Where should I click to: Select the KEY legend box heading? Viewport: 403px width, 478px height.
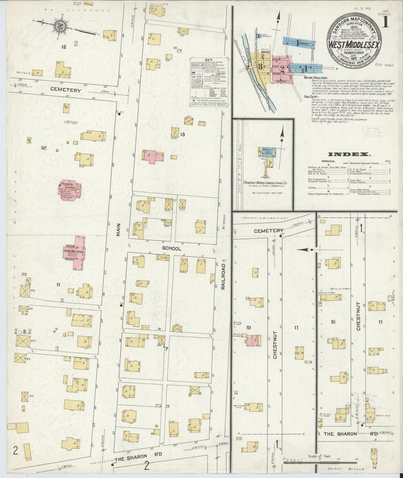[x=208, y=60]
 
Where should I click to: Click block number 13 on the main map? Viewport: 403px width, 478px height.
[x=182, y=135]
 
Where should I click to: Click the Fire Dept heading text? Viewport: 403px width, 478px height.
[x=310, y=97]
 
